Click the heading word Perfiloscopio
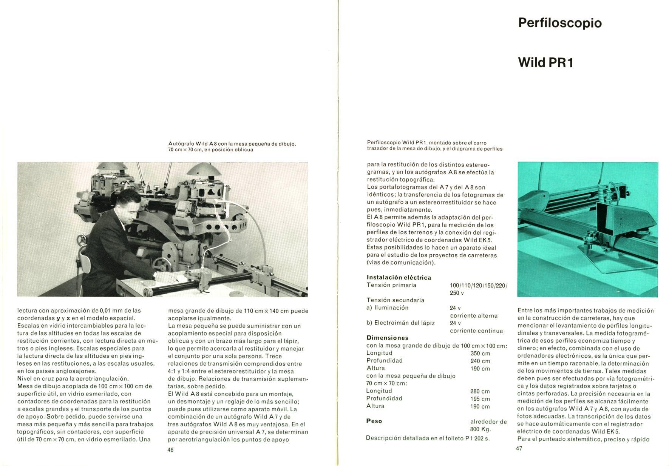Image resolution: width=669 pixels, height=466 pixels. tap(560, 23)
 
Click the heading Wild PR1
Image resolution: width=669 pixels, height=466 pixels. tap(546, 63)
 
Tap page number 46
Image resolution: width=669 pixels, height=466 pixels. tap(170, 450)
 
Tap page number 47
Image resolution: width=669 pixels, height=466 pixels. tap(519, 448)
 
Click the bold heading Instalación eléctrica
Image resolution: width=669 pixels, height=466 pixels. tap(399, 277)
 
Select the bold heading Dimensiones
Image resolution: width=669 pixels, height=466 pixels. tap(387, 338)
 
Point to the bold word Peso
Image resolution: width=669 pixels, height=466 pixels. tap(374, 421)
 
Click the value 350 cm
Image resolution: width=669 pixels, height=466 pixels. tap(480, 354)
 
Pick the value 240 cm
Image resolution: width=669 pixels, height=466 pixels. tap(480, 361)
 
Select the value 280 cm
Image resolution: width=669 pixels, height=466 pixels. tap(480, 391)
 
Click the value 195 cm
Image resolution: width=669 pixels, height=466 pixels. tap(480, 399)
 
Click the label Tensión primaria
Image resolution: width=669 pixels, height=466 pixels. tap(391, 285)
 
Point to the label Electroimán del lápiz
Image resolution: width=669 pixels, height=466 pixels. tap(404, 323)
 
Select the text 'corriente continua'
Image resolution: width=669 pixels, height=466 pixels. tap(476, 331)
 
